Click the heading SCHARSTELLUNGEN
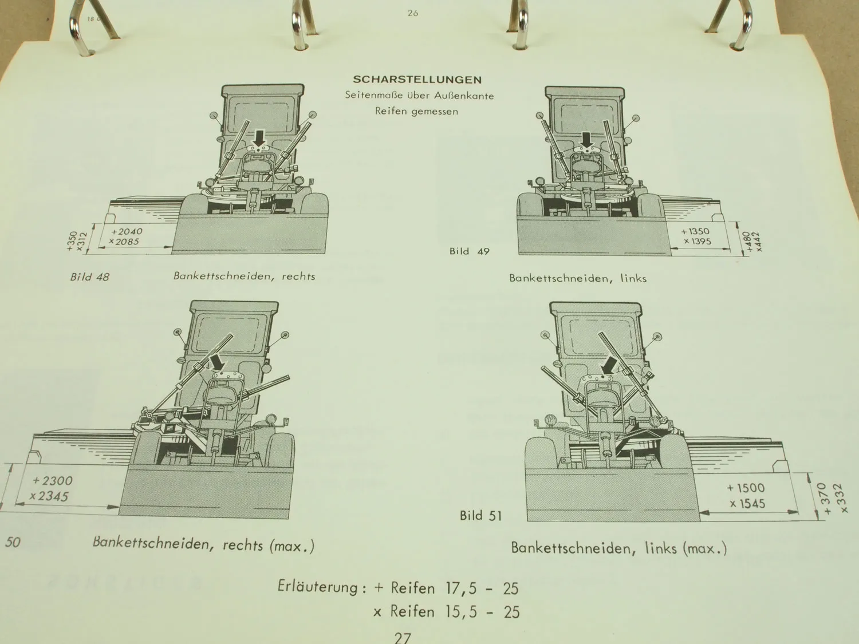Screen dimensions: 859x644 [417, 80]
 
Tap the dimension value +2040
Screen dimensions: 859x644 [127, 231]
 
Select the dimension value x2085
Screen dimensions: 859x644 [124, 242]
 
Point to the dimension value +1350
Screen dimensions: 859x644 [695, 231]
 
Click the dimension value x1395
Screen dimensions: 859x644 [698, 241]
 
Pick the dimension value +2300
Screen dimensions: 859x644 [53, 480]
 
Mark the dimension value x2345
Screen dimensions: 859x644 [49, 496]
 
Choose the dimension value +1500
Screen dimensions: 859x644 [746, 488]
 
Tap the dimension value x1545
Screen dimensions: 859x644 [747, 504]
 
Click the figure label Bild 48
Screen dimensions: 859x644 [89, 277]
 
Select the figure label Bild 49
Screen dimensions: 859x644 [469, 251]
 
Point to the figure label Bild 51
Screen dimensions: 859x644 [480, 516]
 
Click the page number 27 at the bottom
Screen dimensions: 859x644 [403, 638]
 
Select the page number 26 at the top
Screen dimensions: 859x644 [413, 13]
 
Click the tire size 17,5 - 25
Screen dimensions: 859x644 [482, 588]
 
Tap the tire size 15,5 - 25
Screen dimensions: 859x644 [483, 612]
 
